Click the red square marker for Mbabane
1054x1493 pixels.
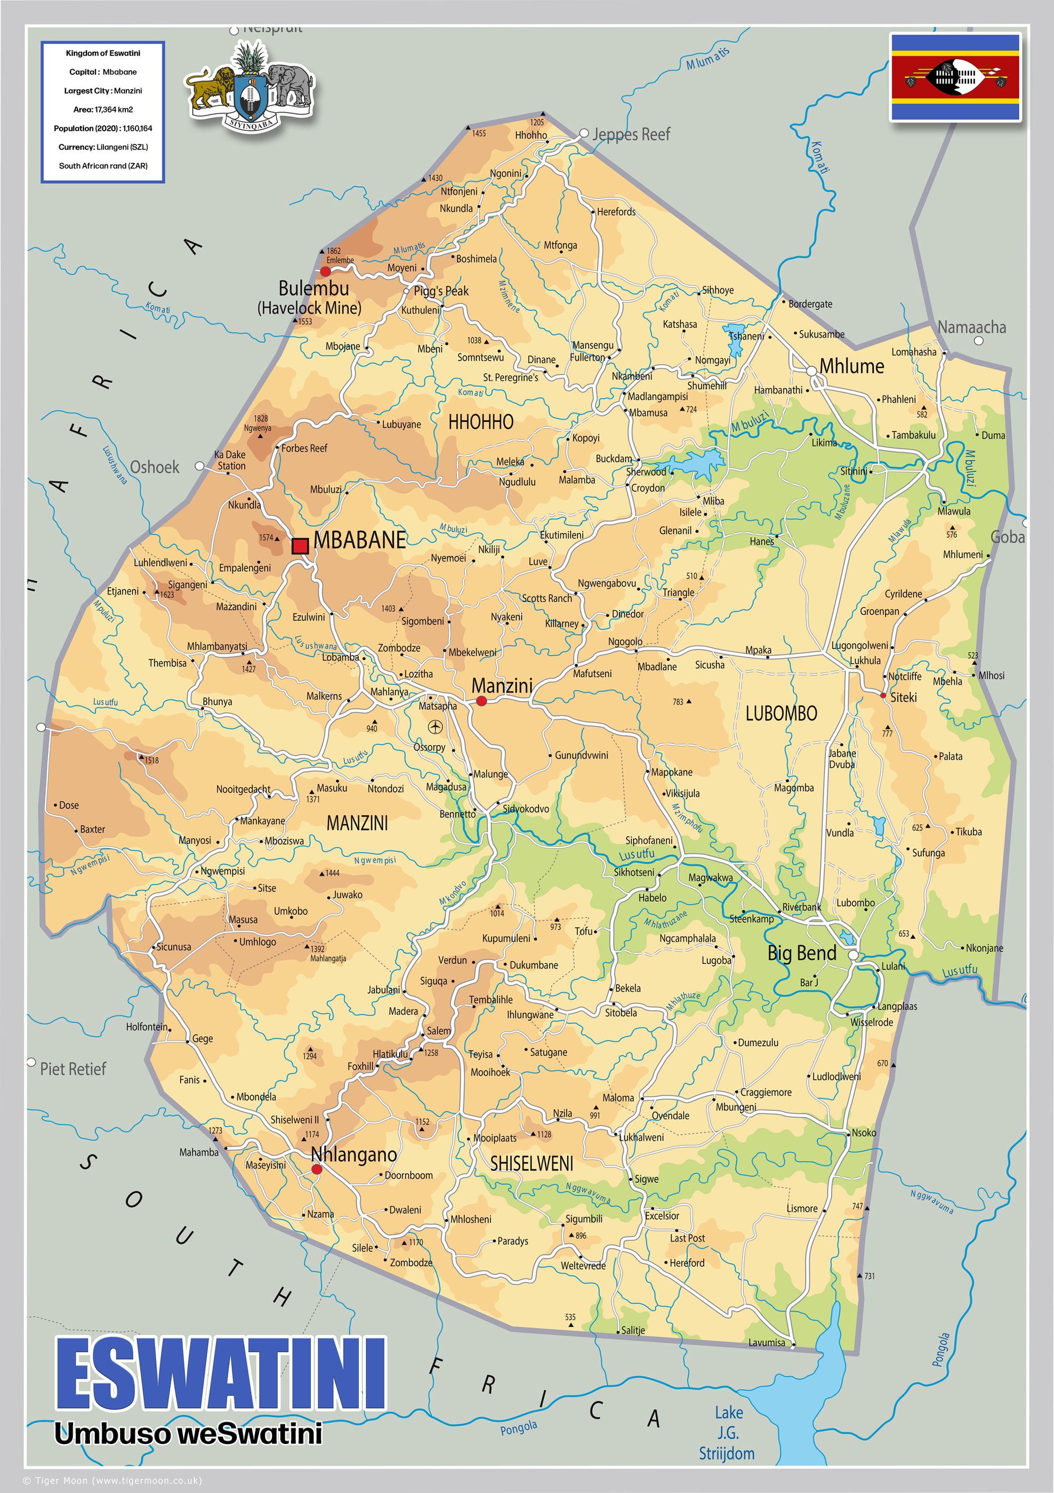point(300,545)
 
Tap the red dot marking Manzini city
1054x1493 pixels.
point(481,701)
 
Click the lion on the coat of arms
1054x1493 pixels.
point(210,86)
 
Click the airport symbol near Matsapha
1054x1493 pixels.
point(435,726)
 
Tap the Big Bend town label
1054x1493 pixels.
point(802,953)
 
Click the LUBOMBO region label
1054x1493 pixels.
point(781,714)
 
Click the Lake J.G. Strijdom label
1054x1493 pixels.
point(727,1433)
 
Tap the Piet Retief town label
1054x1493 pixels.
point(73,1069)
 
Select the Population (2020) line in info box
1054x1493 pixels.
point(103,128)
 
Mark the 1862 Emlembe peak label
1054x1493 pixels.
point(340,255)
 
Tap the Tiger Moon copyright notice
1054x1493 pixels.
point(112,1481)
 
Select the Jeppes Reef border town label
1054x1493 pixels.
point(631,134)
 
